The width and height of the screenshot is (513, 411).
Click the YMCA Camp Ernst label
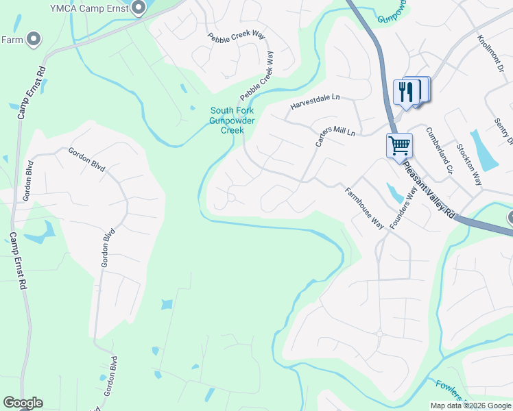tap(89, 8)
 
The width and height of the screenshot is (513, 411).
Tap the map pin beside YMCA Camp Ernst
tap(139, 8)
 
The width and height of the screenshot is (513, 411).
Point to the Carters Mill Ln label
tap(335, 136)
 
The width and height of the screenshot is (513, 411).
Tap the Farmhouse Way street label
tap(363, 208)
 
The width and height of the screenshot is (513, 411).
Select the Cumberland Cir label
tap(439, 150)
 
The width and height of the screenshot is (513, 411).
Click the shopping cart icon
tap(398, 145)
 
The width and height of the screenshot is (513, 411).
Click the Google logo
tap(23, 403)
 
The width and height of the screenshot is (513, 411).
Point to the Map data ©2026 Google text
tap(470, 406)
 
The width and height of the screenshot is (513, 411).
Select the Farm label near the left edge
tap(11, 40)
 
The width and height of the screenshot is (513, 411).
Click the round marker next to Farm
tap(33, 40)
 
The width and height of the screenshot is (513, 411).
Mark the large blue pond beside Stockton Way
tap(485, 151)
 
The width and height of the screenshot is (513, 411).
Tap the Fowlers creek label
tap(449, 393)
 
